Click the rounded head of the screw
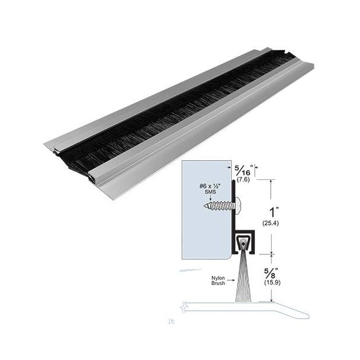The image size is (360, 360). point(239,205)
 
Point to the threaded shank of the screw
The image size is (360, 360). point(218,206)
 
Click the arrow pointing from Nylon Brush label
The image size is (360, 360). point(230,281)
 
